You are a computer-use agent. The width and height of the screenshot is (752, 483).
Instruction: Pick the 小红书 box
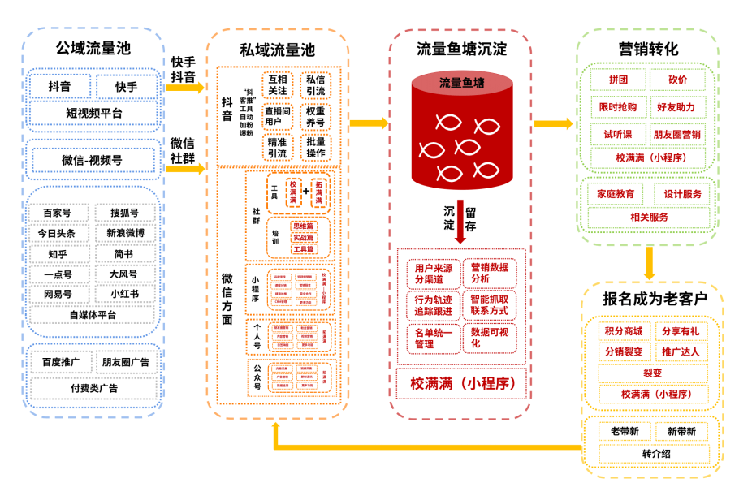pos(123,294)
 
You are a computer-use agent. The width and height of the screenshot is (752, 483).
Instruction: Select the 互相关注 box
pos(277,85)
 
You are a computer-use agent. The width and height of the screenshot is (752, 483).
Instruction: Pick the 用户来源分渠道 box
pos(433,274)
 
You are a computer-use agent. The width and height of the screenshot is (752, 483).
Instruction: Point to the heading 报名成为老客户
pos(649,298)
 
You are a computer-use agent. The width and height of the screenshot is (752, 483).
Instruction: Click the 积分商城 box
pos(623,331)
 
